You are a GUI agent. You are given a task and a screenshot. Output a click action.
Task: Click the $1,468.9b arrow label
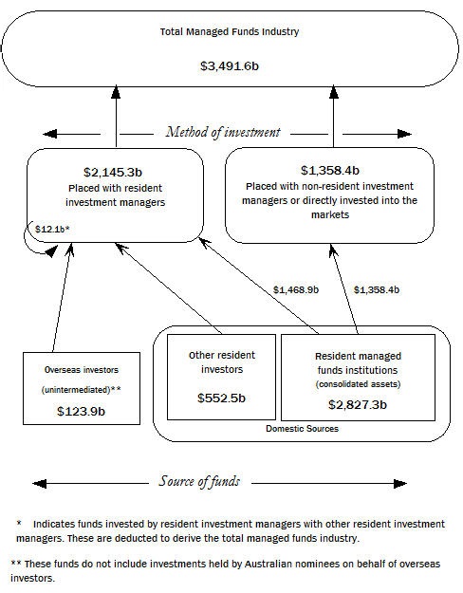(x=295, y=288)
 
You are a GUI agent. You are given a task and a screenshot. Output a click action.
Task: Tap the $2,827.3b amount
(x=359, y=403)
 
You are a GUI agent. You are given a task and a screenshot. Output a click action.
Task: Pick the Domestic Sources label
(x=302, y=430)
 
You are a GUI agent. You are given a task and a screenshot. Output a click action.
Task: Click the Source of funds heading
(x=198, y=481)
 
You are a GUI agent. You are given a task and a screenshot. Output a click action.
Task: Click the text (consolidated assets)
(x=359, y=383)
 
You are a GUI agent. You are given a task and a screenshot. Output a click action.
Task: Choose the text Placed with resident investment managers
(x=116, y=195)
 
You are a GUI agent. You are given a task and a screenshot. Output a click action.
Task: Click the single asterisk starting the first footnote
(x=18, y=523)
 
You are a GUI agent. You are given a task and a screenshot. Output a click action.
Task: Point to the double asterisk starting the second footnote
(x=15, y=563)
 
